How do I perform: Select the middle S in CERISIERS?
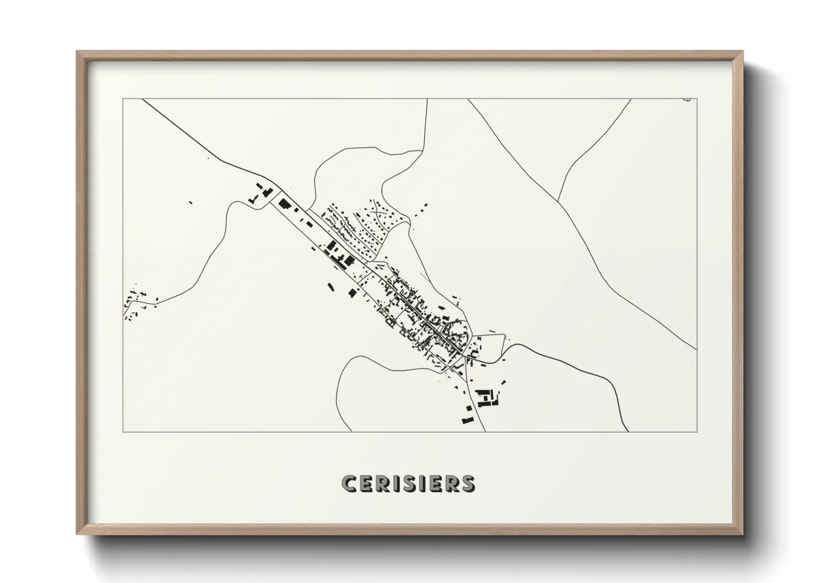pyautogui.click(x=407, y=483)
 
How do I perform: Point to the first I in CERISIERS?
pyautogui.click(x=394, y=483)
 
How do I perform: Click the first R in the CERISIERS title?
pyautogui.click(x=381, y=483)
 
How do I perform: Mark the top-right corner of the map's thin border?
pyautogui.click(x=697, y=99)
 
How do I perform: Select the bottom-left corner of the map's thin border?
pyautogui.click(x=123, y=431)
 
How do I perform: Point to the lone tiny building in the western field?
pyautogui.click(x=191, y=202)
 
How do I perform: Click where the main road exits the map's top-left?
pyautogui.click(x=143, y=100)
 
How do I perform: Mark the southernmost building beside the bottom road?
pyautogui.click(x=468, y=421)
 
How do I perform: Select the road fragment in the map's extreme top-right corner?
pyautogui.click(x=686, y=100)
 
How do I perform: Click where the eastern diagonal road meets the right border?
pyautogui.click(x=696, y=349)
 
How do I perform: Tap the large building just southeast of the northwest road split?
pyautogui.click(x=285, y=203)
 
